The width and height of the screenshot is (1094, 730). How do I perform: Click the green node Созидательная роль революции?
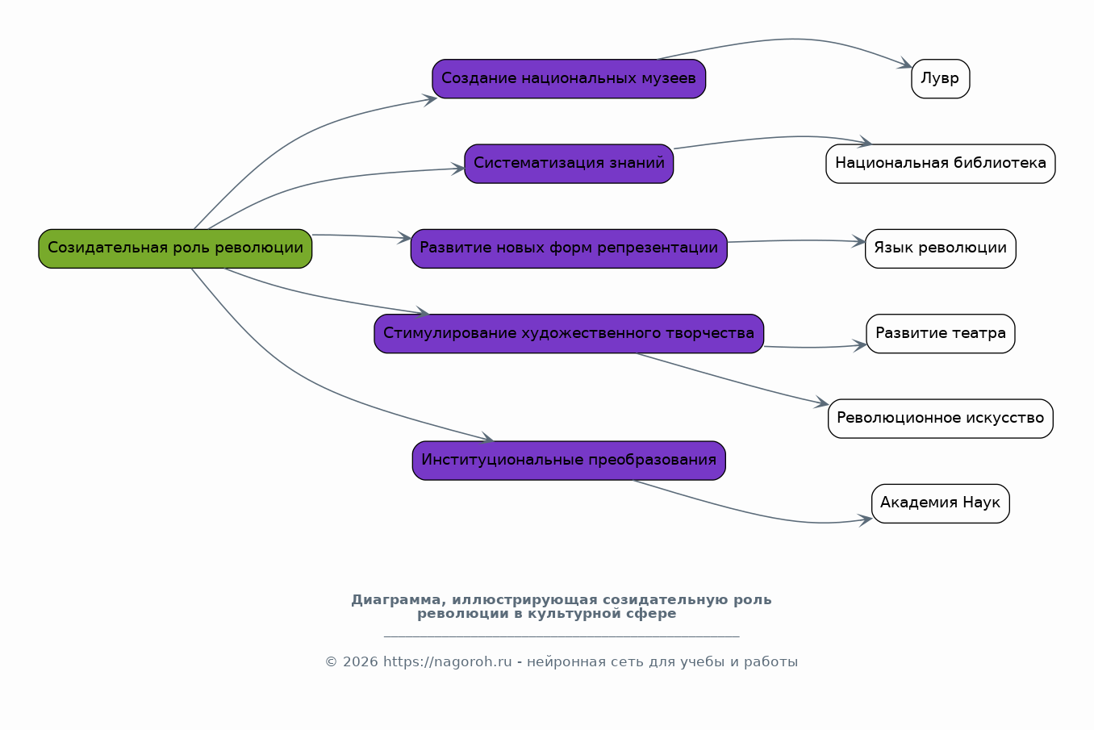click(x=175, y=248)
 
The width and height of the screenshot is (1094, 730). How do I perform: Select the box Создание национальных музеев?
click(x=569, y=78)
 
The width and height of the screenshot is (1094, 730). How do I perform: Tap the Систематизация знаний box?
click(x=569, y=164)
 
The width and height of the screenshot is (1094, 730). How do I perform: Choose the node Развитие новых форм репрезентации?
click(x=569, y=248)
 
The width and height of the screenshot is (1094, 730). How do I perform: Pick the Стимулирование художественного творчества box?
click(x=569, y=333)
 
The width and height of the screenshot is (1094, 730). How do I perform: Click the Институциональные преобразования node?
click(x=569, y=461)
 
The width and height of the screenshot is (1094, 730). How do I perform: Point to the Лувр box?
click(x=941, y=78)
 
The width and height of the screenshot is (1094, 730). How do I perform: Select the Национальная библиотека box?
click(x=941, y=164)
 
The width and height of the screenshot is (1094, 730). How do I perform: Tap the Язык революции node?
click(x=941, y=248)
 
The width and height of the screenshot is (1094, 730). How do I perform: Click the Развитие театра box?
click(x=941, y=333)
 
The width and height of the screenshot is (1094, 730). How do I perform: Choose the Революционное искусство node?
click(x=941, y=419)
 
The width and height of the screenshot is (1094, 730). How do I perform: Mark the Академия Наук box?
click(x=941, y=503)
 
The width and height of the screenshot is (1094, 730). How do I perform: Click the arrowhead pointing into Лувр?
click(x=905, y=64)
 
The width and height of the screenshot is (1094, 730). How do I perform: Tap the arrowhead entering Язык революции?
click(x=859, y=241)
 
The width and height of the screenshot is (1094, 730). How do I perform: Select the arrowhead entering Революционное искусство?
click(x=822, y=403)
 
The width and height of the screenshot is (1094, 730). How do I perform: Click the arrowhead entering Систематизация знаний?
click(x=458, y=169)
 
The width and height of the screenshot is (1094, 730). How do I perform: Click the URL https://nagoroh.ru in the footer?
click(x=448, y=661)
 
